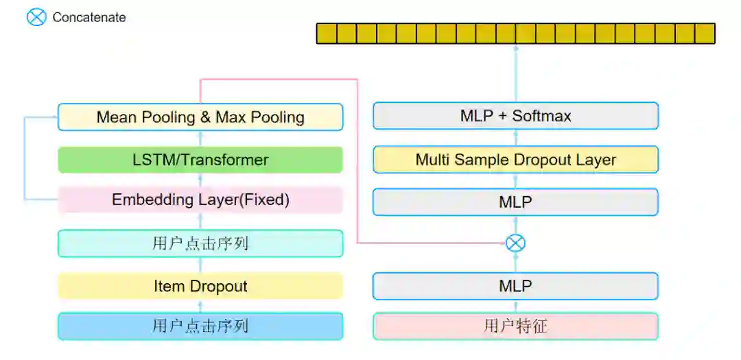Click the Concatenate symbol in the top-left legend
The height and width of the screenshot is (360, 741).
(36, 17)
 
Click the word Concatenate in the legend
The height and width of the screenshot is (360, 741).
(89, 18)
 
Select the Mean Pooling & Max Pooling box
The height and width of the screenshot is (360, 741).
(200, 117)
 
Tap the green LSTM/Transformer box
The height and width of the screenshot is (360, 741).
(200, 160)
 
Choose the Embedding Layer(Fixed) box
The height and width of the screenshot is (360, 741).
(200, 200)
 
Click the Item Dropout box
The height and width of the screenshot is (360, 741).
(200, 286)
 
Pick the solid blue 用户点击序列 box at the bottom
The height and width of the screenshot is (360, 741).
(200, 326)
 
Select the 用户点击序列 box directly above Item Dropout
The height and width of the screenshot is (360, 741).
(200, 243)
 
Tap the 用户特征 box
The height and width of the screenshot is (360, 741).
(515, 326)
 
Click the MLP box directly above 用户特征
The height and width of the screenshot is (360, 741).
(515, 286)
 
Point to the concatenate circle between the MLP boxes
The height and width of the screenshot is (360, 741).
(515, 243)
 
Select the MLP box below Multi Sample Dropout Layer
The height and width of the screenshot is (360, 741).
(515, 202)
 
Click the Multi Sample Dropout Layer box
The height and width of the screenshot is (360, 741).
(515, 160)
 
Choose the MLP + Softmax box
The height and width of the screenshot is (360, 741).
(515, 117)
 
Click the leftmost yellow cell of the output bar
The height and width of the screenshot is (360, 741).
(327, 34)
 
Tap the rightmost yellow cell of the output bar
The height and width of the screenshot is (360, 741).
(705, 34)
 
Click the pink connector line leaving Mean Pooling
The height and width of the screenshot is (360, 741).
(279, 80)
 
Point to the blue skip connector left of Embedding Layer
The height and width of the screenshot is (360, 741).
(25, 158)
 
